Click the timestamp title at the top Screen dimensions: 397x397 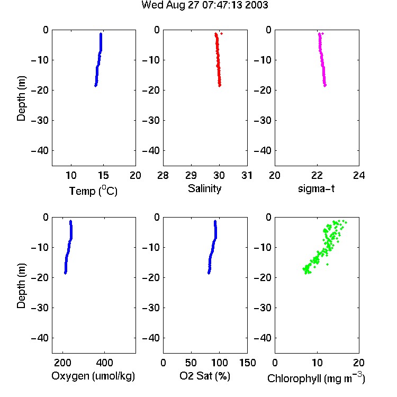tap(204, 5)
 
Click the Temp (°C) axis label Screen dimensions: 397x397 tap(93, 191)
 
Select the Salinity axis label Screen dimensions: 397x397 tap(204, 188)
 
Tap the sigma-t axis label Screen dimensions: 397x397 tap(316, 188)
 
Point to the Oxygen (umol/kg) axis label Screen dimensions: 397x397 tap(93, 376)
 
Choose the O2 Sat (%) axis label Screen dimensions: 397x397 tap(204, 376)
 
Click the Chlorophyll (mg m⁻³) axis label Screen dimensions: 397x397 tap(316, 378)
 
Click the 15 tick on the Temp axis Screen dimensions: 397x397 tap(103, 175)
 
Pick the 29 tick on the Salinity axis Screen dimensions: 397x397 tap(191, 175)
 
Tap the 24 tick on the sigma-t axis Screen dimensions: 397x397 tap(359, 175)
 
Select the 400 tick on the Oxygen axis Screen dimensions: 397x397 tap(104, 363)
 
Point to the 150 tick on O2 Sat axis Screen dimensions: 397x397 tap(247, 363)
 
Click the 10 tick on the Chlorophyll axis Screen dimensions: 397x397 tap(317, 363)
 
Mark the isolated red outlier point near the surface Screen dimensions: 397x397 tap(222, 34)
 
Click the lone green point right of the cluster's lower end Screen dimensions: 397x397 tap(327, 264)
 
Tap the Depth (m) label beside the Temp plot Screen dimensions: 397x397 tap(21, 98)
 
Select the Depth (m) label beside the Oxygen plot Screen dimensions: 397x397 tap(21, 286)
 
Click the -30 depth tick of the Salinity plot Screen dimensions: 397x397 tap(151, 120)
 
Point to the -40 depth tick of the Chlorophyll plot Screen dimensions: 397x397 tap(263, 338)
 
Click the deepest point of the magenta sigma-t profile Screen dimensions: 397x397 tap(325, 86)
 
